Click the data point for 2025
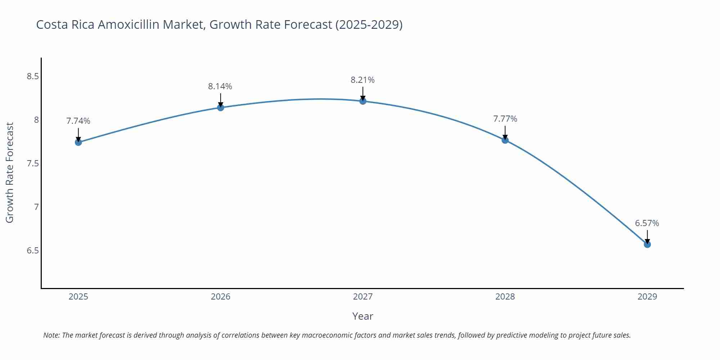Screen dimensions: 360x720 click(x=78, y=142)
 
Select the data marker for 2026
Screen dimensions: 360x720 click(x=221, y=108)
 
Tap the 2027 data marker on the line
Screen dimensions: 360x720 click(x=363, y=101)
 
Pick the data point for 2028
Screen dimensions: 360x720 click(x=505, y=140)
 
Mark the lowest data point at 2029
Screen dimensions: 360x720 click(x=647, y=244)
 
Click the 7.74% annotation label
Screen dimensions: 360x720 click(x=78, y=121)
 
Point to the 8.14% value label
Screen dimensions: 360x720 click(x=220, y=86)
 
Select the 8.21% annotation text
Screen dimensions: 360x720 click(x=363, y=80)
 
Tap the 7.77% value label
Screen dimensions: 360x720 click(x=505, y=119)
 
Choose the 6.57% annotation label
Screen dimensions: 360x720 click(x=647, y=223)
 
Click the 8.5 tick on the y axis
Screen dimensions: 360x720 click(x=33, y=76)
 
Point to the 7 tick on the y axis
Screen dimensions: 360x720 click(x=36, y=207)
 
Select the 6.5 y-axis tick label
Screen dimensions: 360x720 click(x=33, y=251)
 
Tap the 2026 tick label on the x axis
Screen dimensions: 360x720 click(x=220, y=297)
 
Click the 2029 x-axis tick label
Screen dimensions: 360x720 click(x=647, y=297)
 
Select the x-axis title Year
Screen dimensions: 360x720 click(x=363, y=316)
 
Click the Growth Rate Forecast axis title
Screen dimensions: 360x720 click(x=10, y=172)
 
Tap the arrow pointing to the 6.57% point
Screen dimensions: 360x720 click(x=647, y=237)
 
